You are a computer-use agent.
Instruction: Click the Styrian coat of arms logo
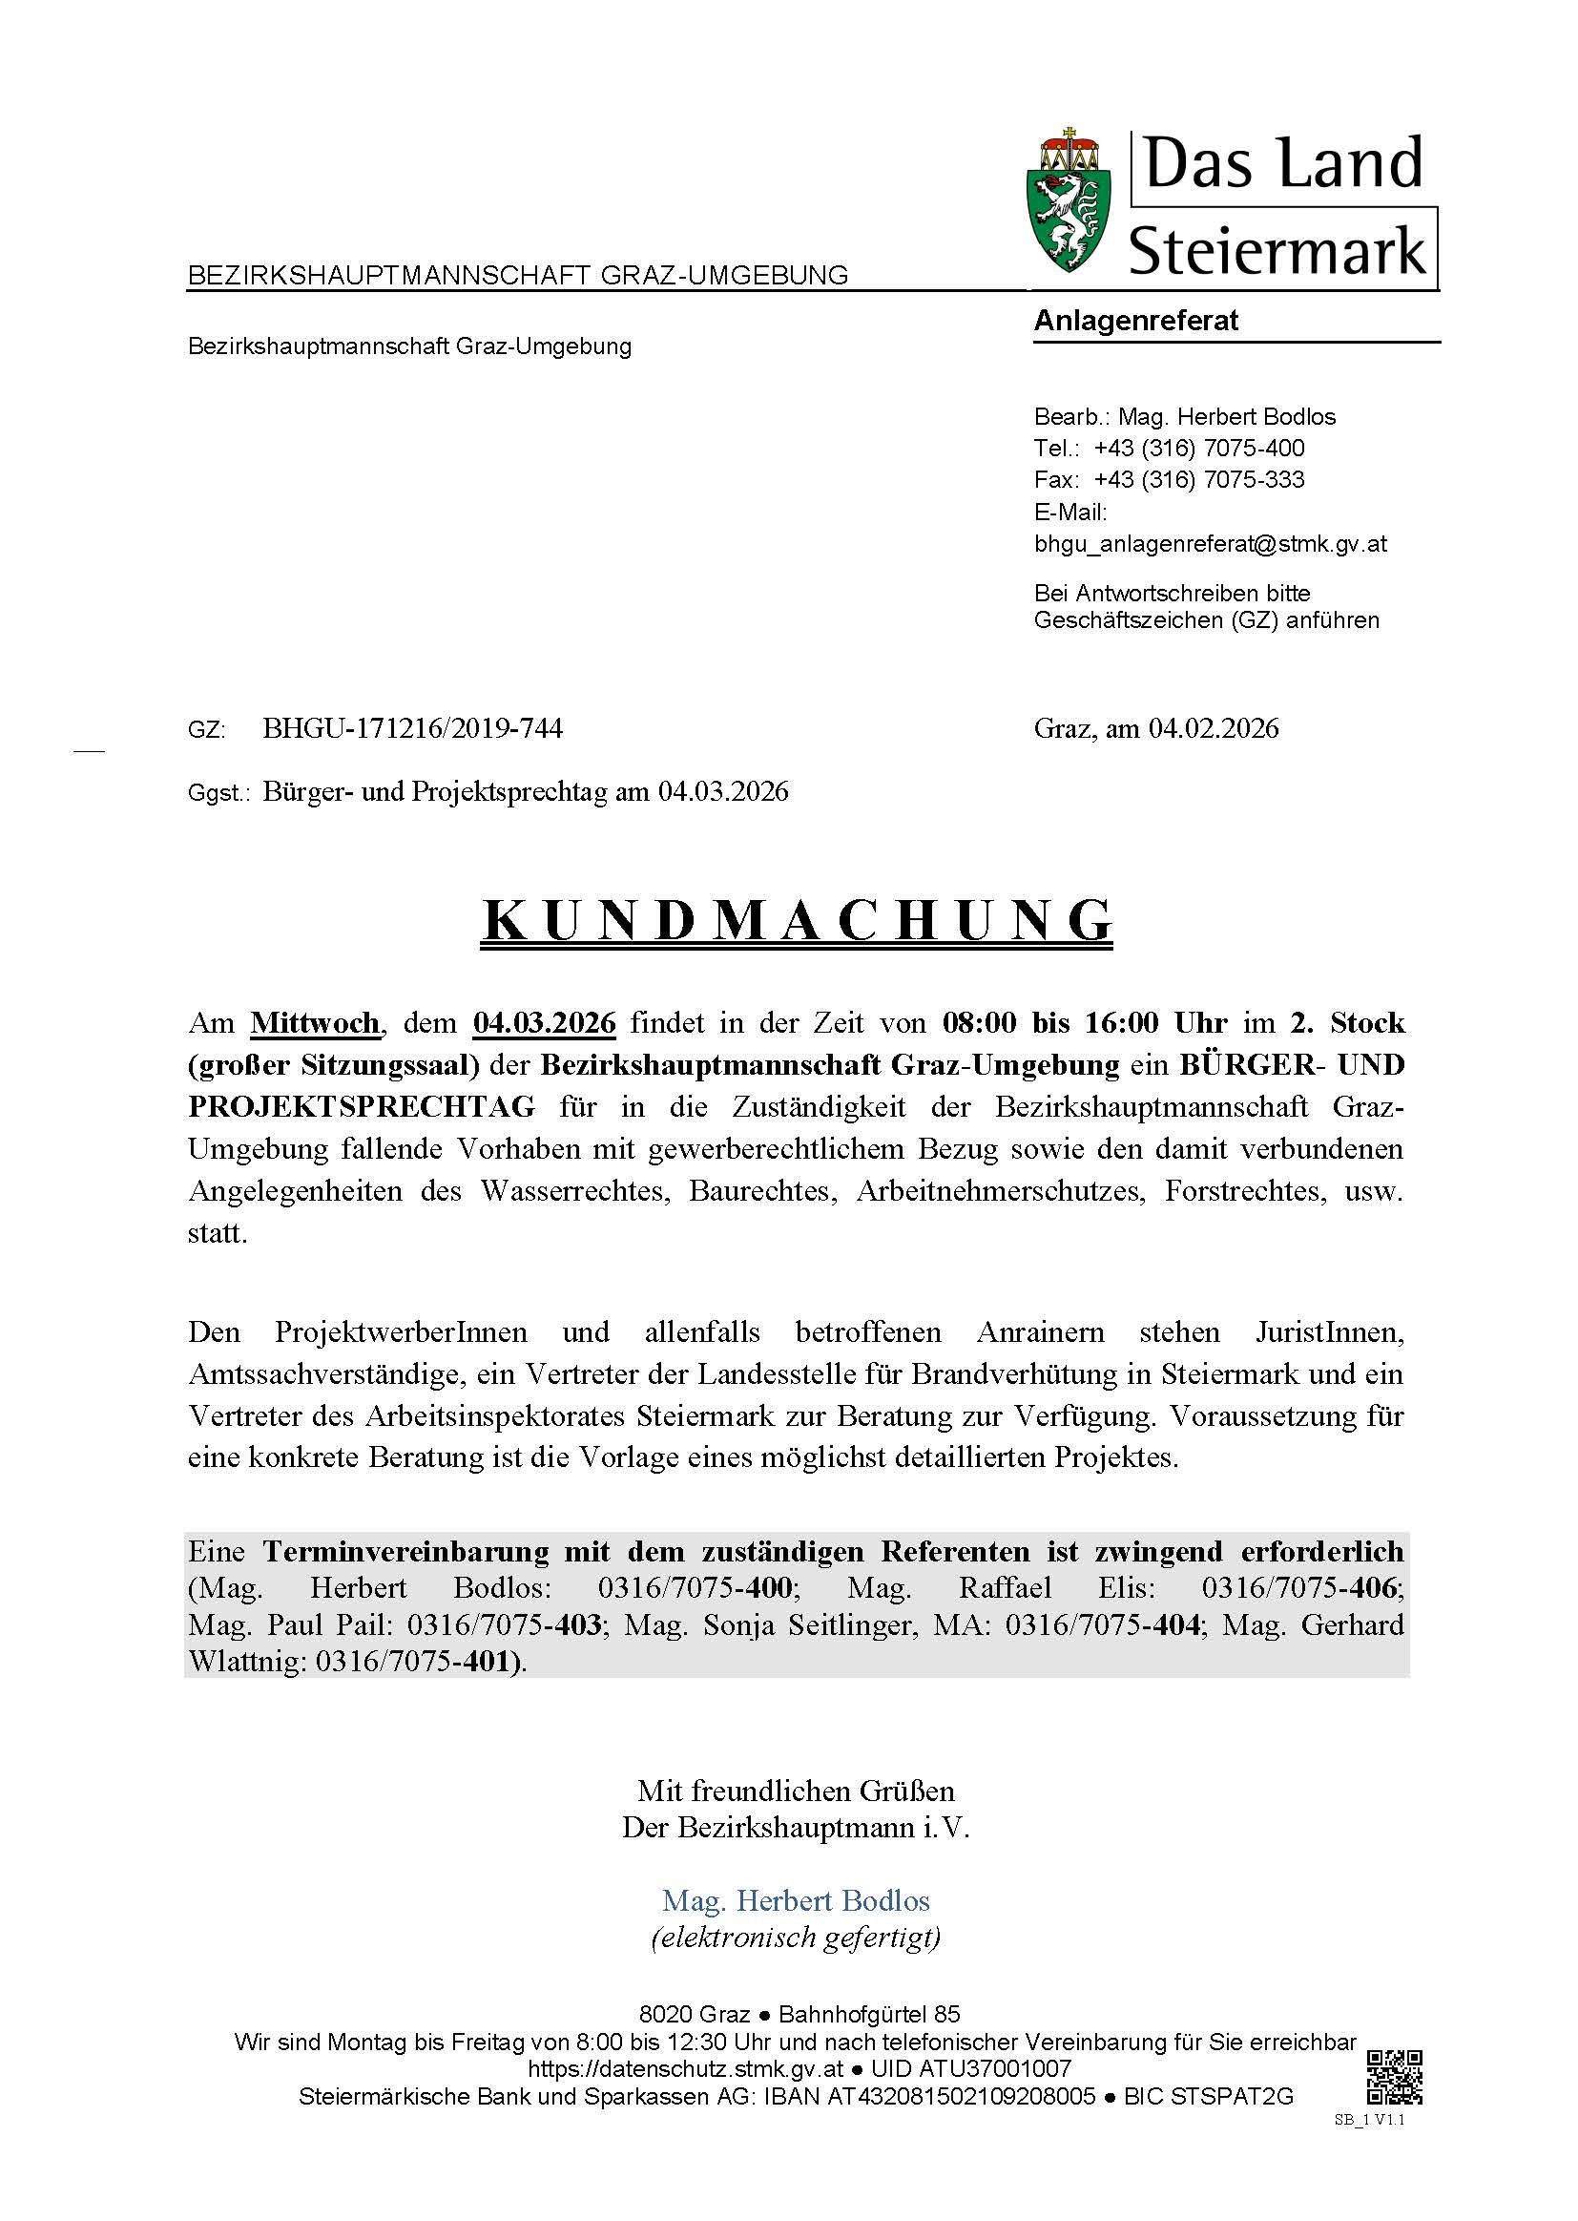(1069, 201)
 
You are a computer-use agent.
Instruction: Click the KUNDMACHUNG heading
(797, 919)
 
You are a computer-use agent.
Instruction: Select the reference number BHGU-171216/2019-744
(412, 728)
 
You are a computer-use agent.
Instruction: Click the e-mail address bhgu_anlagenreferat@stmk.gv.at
(1210, 543)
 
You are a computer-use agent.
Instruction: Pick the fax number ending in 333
(1198, 479)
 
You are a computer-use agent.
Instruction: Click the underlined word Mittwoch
(315, 1023)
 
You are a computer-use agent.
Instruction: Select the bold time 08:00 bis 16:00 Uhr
(1085, 1023)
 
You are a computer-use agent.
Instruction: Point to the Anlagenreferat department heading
(1135, 321)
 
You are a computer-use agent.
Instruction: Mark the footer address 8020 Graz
(695, 2014)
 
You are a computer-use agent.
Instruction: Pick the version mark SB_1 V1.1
(1369, 2120)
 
